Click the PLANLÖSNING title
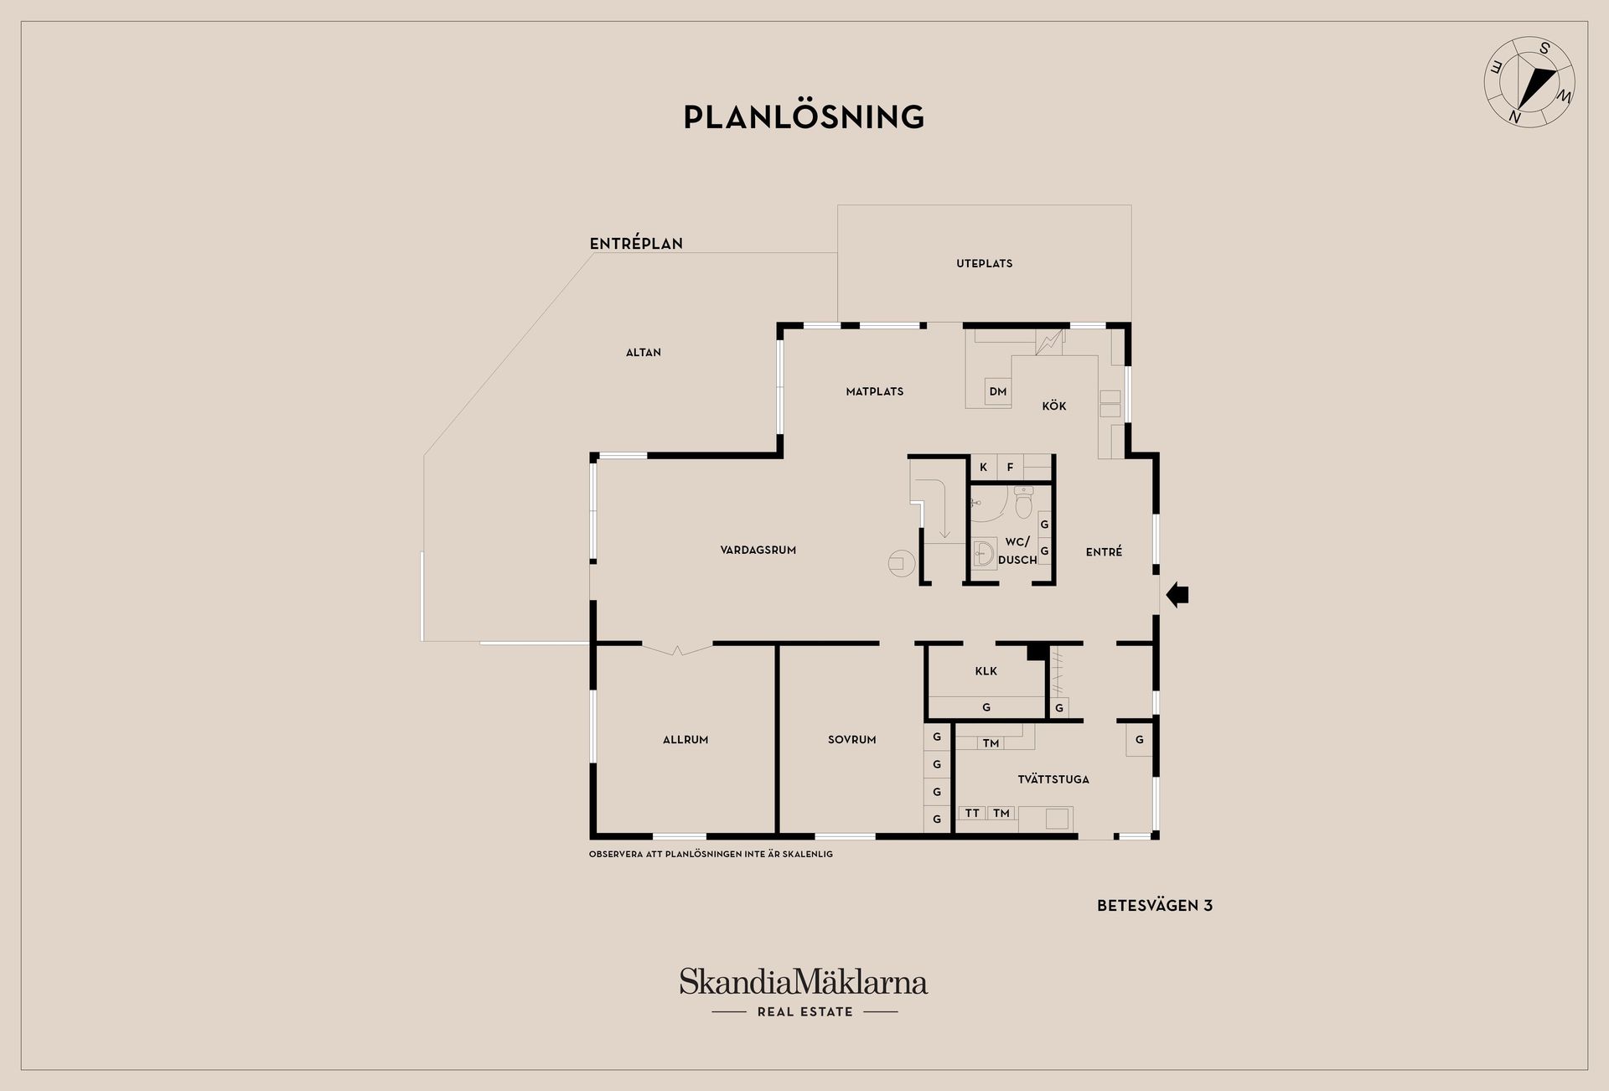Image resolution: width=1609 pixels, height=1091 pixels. click(804, 116)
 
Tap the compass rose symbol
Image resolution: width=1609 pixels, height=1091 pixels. click(1529, 82)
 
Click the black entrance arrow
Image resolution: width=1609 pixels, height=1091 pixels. click(1177, 594)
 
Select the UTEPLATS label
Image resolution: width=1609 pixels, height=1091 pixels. click(984, 263)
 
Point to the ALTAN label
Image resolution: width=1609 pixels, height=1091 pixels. click(643, 353)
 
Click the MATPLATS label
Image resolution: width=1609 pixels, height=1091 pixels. click(874, 391)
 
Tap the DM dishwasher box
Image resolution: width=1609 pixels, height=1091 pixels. click(997, 391)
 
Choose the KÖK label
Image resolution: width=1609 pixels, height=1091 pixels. click(1053, 406)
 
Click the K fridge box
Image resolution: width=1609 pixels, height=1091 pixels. click(983, 468)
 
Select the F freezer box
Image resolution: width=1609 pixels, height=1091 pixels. click(1010, 468)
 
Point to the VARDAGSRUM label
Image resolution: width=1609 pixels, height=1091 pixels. click(758, 551)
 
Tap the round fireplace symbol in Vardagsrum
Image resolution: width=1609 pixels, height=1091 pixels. click(900, 562)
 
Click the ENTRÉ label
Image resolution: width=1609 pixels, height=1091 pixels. click(1103, 551)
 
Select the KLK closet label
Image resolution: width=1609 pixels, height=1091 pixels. click(986, 671)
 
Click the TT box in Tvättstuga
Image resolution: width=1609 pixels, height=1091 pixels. click(972, 813)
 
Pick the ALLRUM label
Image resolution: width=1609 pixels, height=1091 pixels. click(685, 740)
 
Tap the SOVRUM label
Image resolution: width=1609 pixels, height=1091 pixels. click(851, 740)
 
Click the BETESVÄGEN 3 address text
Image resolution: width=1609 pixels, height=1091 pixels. click(1154, 906)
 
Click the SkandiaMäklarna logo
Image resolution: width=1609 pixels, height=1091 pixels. click(804, 992)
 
